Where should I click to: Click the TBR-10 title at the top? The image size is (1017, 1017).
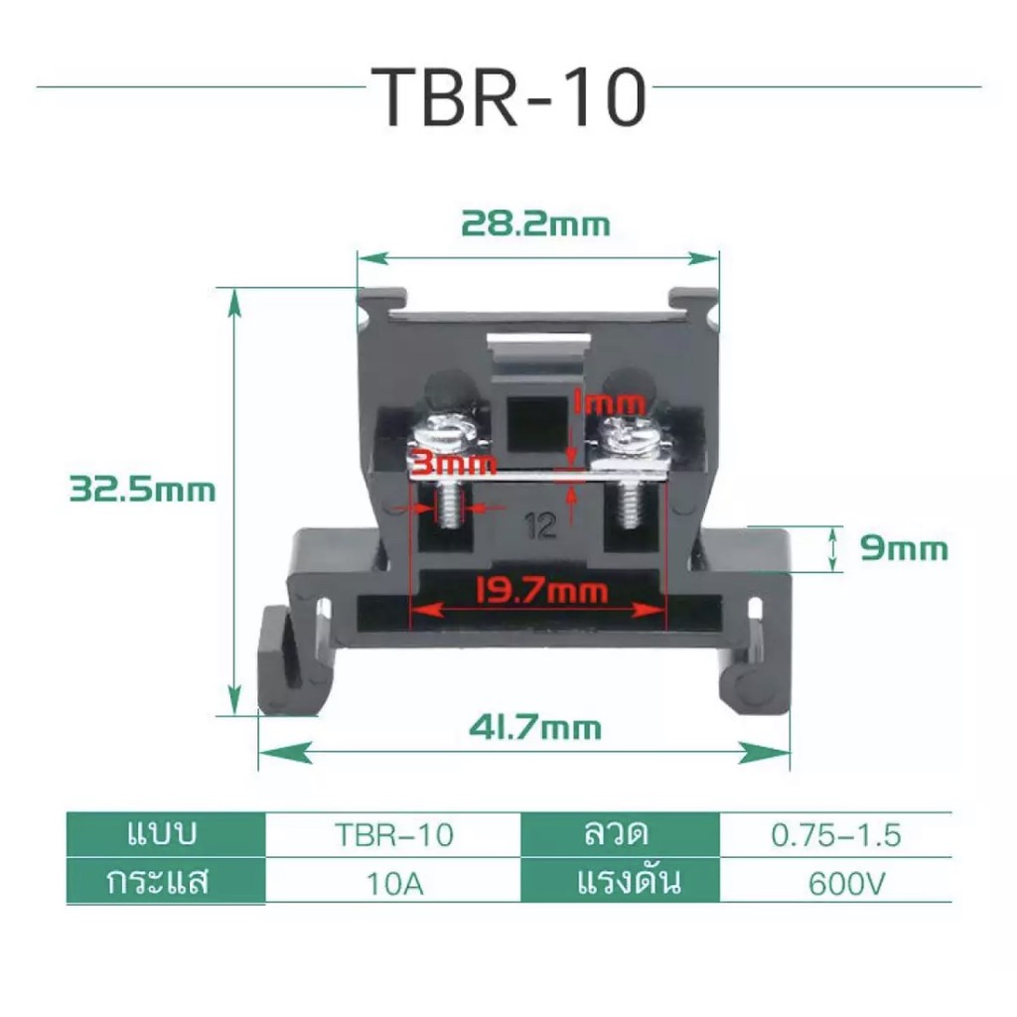(508, 96)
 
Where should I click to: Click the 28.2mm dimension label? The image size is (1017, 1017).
(534, 224)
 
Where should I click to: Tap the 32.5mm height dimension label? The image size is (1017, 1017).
(142, 490)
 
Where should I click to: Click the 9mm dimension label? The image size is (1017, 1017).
(904, 548)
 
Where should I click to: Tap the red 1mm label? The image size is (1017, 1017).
(609, 403)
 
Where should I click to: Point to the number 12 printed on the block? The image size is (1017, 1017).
(542, 527)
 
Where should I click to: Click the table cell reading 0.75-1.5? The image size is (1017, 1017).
(836, 835)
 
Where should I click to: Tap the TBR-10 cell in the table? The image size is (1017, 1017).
(393, 835)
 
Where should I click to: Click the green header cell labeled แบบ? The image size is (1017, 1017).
(166, 835)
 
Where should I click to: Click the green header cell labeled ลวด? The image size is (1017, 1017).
(620, 835)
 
